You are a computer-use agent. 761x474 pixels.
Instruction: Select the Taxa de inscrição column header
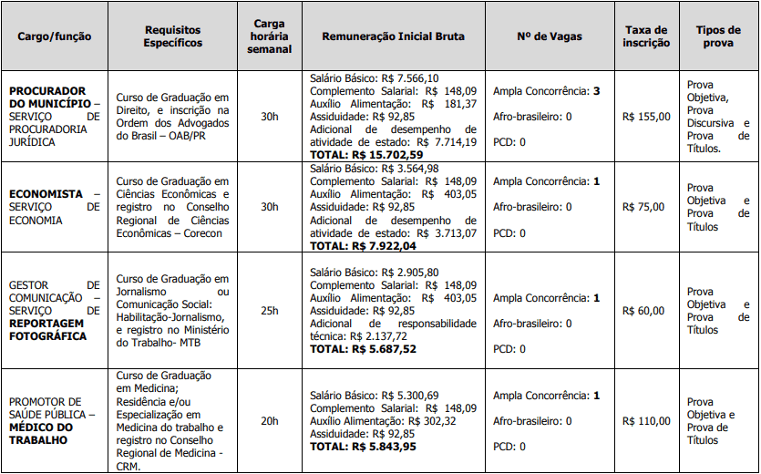[x=646, y=36]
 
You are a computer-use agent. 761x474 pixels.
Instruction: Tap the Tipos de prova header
[x=717, y=36]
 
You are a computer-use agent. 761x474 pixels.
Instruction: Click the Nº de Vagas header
[x=549, y=36]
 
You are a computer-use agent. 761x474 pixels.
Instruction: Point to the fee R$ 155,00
[x=646, y=117]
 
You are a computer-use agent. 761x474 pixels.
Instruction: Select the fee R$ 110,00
[x=646, y=421]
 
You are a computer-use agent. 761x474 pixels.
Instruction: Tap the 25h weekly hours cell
[x=270, y=311]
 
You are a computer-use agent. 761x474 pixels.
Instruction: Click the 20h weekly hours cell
[x=270, y=421]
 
